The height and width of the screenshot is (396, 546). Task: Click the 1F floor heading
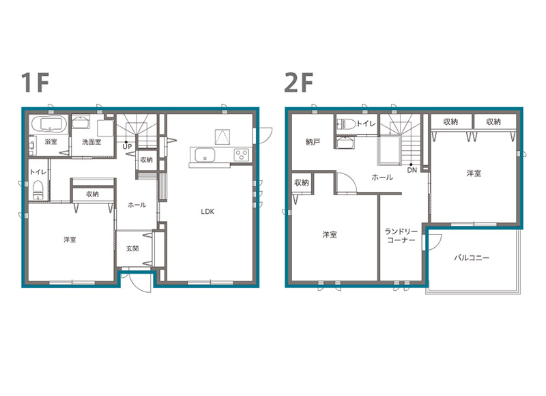click(x=35, y=82)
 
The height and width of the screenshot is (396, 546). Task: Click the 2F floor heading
click(x=299, y=82)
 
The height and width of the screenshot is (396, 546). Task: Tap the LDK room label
click(x=207, y=212)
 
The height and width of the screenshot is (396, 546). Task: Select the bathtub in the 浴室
click(x=49, y=124)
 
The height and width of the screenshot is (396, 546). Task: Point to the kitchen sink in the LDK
click(x=204, y=155)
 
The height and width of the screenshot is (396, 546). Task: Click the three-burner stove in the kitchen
click(x=242, y=154)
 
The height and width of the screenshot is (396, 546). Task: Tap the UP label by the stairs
click(x=127, y=147)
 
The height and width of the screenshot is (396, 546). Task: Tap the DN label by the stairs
click(x=412, y=170)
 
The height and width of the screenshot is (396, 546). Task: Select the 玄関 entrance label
click(x=132, y=249)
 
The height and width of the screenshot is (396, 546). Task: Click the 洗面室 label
click(x=91, y=142)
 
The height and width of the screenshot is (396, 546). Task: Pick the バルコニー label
click(x=472, y=257)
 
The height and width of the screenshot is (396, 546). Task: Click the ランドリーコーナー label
click(x=401, y=236)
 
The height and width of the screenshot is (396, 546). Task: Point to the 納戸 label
click(x=313, y=142)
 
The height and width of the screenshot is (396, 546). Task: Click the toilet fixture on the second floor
click(x=346, y=124)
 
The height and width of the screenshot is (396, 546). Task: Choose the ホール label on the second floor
click(x=382, y=178)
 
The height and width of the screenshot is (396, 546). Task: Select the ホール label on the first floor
click(x=137, y=205)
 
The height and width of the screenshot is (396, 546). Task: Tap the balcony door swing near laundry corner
click(x=433, y=242)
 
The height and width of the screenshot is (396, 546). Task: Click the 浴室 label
click(x=51, y=142)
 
